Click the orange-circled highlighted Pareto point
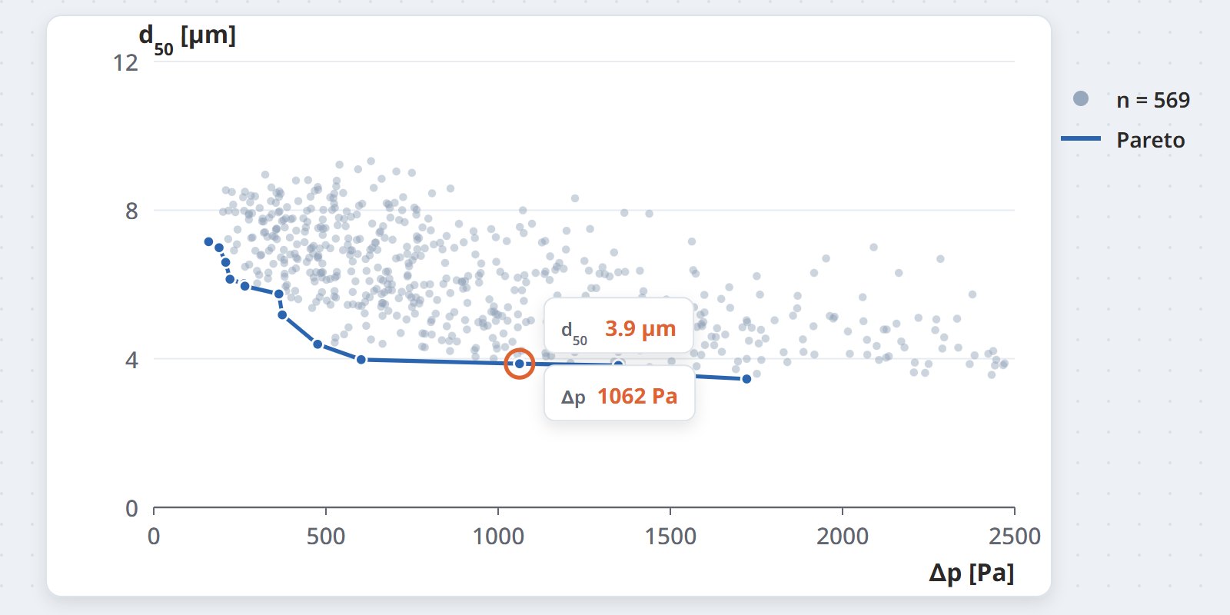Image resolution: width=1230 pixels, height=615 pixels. click(520, 364)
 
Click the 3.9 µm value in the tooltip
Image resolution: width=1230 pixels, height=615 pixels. click(640, 329)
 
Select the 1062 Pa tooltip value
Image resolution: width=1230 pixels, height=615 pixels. click(637, 396)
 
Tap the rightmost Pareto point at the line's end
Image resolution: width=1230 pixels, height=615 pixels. click(746, 379)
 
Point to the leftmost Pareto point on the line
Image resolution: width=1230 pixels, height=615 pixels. click(208, 241)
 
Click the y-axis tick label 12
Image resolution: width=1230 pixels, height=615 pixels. click(125, 63)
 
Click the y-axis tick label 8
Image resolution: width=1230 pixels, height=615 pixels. click(131, 211)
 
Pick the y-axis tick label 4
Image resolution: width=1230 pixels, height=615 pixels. click(131, 361)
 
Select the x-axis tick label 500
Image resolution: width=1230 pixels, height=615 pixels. click(326, 537)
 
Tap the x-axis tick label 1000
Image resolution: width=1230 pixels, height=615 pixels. click(498, 537)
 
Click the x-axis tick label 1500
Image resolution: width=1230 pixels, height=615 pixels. click(670, 537)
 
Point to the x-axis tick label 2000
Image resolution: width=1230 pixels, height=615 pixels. click(843, 537)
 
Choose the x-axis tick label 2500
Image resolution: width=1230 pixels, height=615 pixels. click(1015, 537)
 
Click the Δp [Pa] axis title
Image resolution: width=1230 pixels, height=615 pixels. click(972, 573)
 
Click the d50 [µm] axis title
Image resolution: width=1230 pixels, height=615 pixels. click(188, 38)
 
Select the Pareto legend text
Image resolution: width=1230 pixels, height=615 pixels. click(1150, 140)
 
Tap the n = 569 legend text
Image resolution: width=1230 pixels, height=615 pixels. click(1153, 100)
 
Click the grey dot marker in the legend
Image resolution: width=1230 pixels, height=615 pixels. click(1081, 99)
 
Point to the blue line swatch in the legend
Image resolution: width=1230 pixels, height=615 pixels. click(1081, 139)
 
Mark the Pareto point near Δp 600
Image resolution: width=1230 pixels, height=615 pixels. click(361, 360)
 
